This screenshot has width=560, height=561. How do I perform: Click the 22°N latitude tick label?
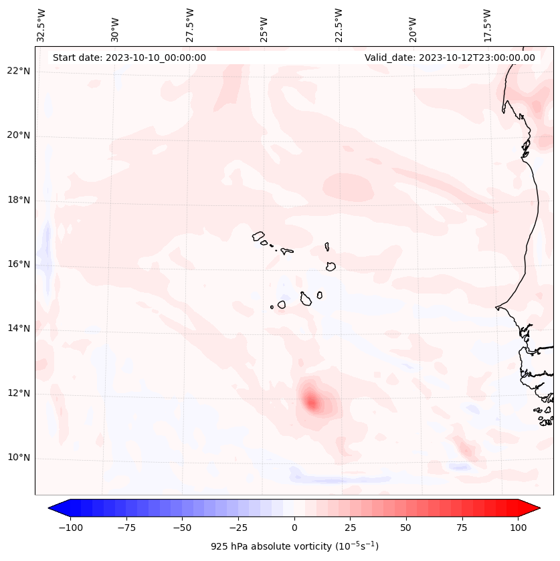tap(18, 72)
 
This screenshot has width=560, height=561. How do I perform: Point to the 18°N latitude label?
tap(18, 200)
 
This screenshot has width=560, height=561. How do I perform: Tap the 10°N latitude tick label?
tap(18, 458)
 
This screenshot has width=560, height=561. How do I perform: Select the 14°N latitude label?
tap(18, 328)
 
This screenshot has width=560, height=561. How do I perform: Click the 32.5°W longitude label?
tap(41, 25)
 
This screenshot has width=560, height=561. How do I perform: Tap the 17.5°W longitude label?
tap(487, 25)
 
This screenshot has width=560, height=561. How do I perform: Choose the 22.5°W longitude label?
tap(339, 25)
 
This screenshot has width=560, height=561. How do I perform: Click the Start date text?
tap(129, 58)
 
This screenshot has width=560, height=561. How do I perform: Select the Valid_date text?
tap(450, 58)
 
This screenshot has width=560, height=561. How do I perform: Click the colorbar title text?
tap(294, 546)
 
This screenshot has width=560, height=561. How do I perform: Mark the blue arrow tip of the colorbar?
tap(56, 508)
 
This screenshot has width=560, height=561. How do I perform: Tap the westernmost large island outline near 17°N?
tap(258, 235)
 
